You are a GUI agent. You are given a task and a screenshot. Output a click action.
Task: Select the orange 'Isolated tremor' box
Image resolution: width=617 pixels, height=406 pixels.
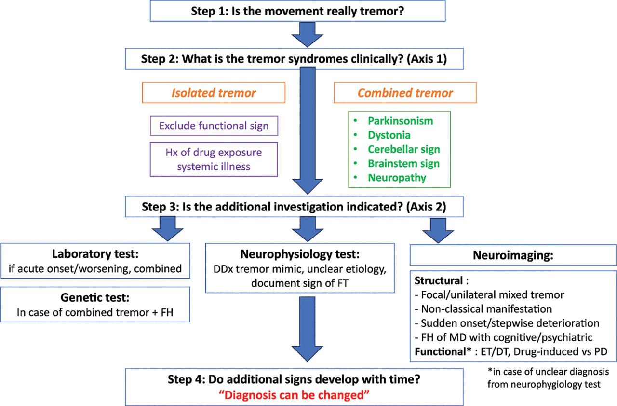213,93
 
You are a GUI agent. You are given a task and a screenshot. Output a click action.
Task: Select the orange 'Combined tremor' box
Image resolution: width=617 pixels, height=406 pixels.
405,93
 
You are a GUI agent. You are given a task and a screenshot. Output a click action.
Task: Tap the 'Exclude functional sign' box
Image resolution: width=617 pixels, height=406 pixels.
214,126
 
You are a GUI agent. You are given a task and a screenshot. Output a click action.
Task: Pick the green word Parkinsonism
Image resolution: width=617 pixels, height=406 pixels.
400,121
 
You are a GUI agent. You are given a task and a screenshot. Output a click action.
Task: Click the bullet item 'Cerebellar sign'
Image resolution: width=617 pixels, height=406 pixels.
403,149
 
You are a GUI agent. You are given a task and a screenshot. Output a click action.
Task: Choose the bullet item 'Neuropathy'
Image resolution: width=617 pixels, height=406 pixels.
397,177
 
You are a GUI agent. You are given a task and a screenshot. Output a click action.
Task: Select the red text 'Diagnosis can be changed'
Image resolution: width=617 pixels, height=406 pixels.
295,394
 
